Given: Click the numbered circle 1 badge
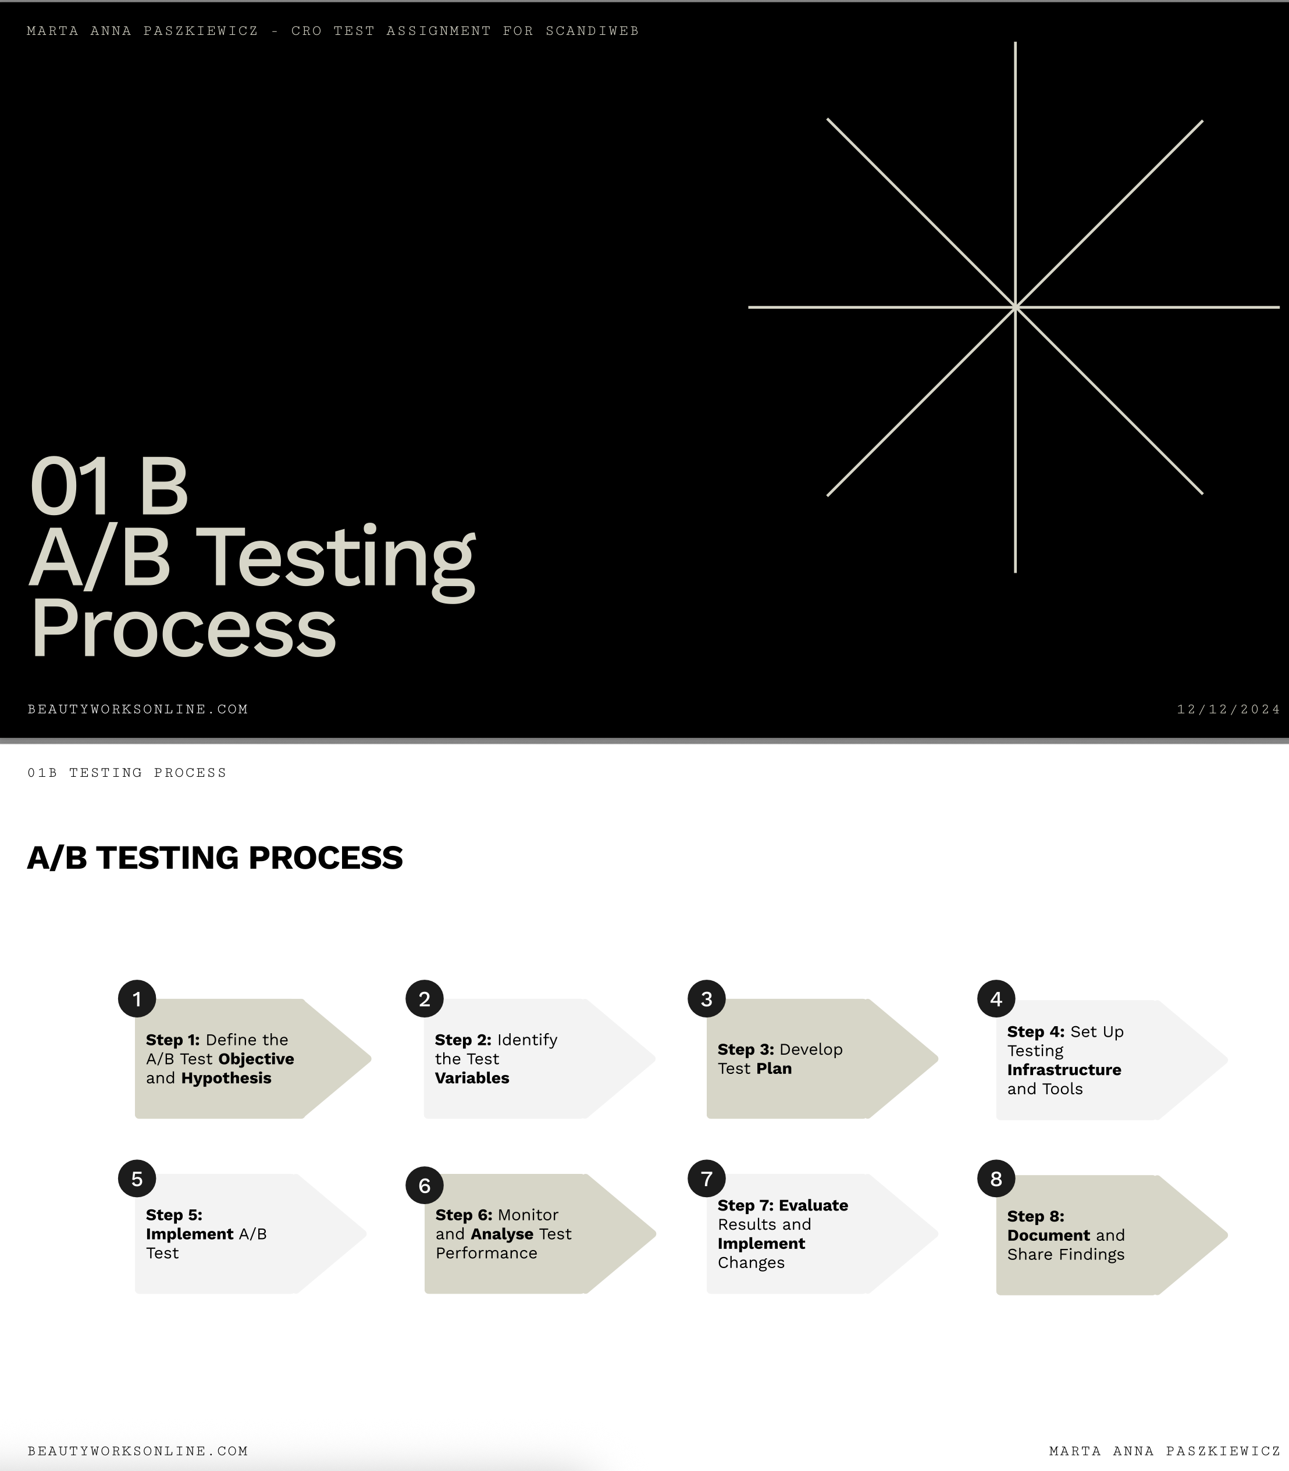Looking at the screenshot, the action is pos(137,999).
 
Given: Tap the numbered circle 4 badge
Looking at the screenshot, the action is pos(995,999).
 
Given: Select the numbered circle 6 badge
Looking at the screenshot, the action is pos(425,1186).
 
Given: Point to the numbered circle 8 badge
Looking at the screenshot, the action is pos(995,1179).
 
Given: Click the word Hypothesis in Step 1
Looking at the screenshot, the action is pos(226,1079).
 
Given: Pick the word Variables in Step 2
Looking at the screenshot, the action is pos(472,1078).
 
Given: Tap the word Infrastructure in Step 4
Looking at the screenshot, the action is pos(1064,1070).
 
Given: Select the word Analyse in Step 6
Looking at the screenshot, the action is pos(502,1234).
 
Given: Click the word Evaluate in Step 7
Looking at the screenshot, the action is pos(814,1205).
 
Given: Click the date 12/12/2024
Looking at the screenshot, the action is pos(1229,709).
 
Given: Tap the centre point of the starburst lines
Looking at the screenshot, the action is pos(1015,308).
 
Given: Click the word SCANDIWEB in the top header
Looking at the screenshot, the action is pos(592,31).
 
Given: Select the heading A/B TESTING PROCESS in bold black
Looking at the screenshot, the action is pos(215,858).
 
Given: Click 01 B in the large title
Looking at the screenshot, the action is pos(109,486).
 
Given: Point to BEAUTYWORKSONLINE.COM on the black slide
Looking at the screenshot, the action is pos(138,709).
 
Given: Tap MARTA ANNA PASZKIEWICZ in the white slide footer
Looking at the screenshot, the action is pos(1165,1451).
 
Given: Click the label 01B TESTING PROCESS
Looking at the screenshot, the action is pos(127,773).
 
